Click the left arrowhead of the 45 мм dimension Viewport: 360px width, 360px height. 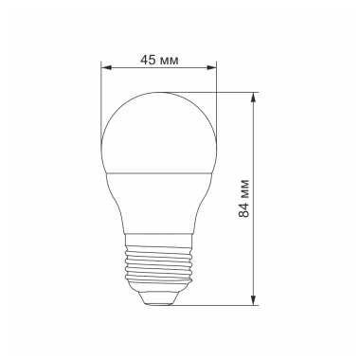coord(104,68)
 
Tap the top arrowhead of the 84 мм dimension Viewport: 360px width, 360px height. coord(255,97)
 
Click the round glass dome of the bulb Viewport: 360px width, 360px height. coord(158,133)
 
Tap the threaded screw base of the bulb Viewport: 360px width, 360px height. coord(158,267)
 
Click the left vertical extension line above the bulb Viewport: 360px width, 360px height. coord(100,95)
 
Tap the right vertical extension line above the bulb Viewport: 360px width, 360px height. coord(216,95)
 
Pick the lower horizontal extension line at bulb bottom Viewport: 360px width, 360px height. coord(218,306)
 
